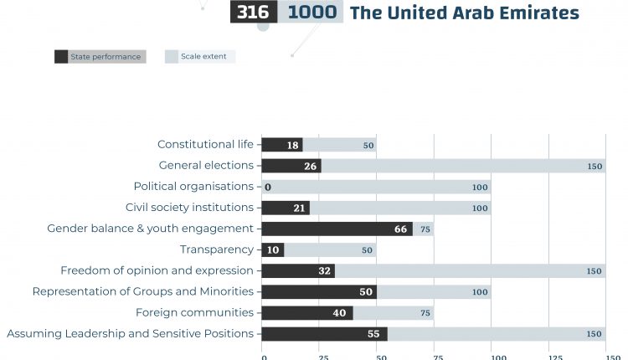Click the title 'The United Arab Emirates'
tap(464, 13)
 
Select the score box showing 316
tap(253, 13)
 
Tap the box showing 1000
tap(312, 13)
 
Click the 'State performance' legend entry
tap(100, 57)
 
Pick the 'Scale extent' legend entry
tap(200, 57)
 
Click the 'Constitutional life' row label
tap(205, 145)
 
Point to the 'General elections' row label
tap(206, 166)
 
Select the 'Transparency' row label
tap(216, 249)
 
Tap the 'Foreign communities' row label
tap(194, 312)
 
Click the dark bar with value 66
tap(337, 229)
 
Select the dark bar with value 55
tap(324, 333)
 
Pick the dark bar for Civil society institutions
tap(286, 208)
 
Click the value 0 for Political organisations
tap(268, 187)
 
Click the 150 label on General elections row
tap(595, 167)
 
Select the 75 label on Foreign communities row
tap(426, 313)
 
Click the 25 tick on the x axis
tap(322, 357)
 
